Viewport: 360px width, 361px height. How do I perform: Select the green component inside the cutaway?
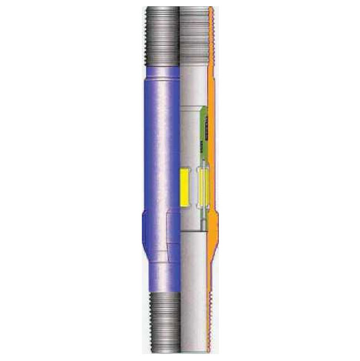[206, 126]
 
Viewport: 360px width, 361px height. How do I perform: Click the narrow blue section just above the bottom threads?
[164, 275]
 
